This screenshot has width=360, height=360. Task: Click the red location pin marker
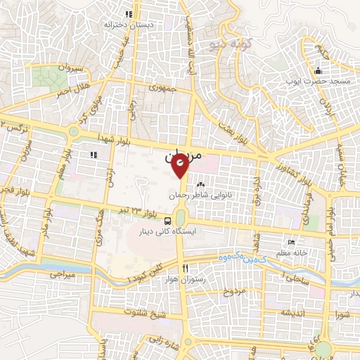[180, 166]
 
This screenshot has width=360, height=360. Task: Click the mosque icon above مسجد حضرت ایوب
[318, 70]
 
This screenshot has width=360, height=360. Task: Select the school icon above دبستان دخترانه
[128, 13]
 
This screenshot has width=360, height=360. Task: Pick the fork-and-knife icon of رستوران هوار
[184, 269]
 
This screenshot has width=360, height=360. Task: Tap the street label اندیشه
[294, 311]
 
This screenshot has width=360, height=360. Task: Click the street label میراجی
[61, 276]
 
